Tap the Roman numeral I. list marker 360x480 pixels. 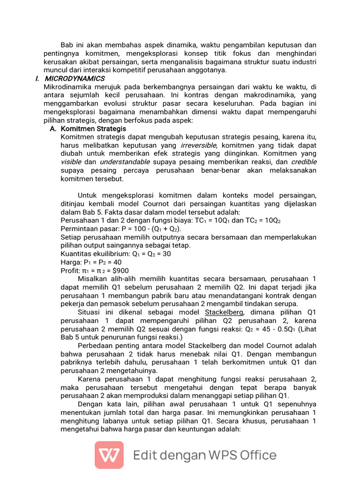tap(37, 78)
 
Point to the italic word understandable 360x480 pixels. tap(125, 162)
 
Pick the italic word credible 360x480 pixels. tap(303, 162)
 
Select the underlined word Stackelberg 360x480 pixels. tap(224, 312)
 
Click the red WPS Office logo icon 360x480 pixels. tap(109, 455)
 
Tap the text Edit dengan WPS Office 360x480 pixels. tap(205, 455)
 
